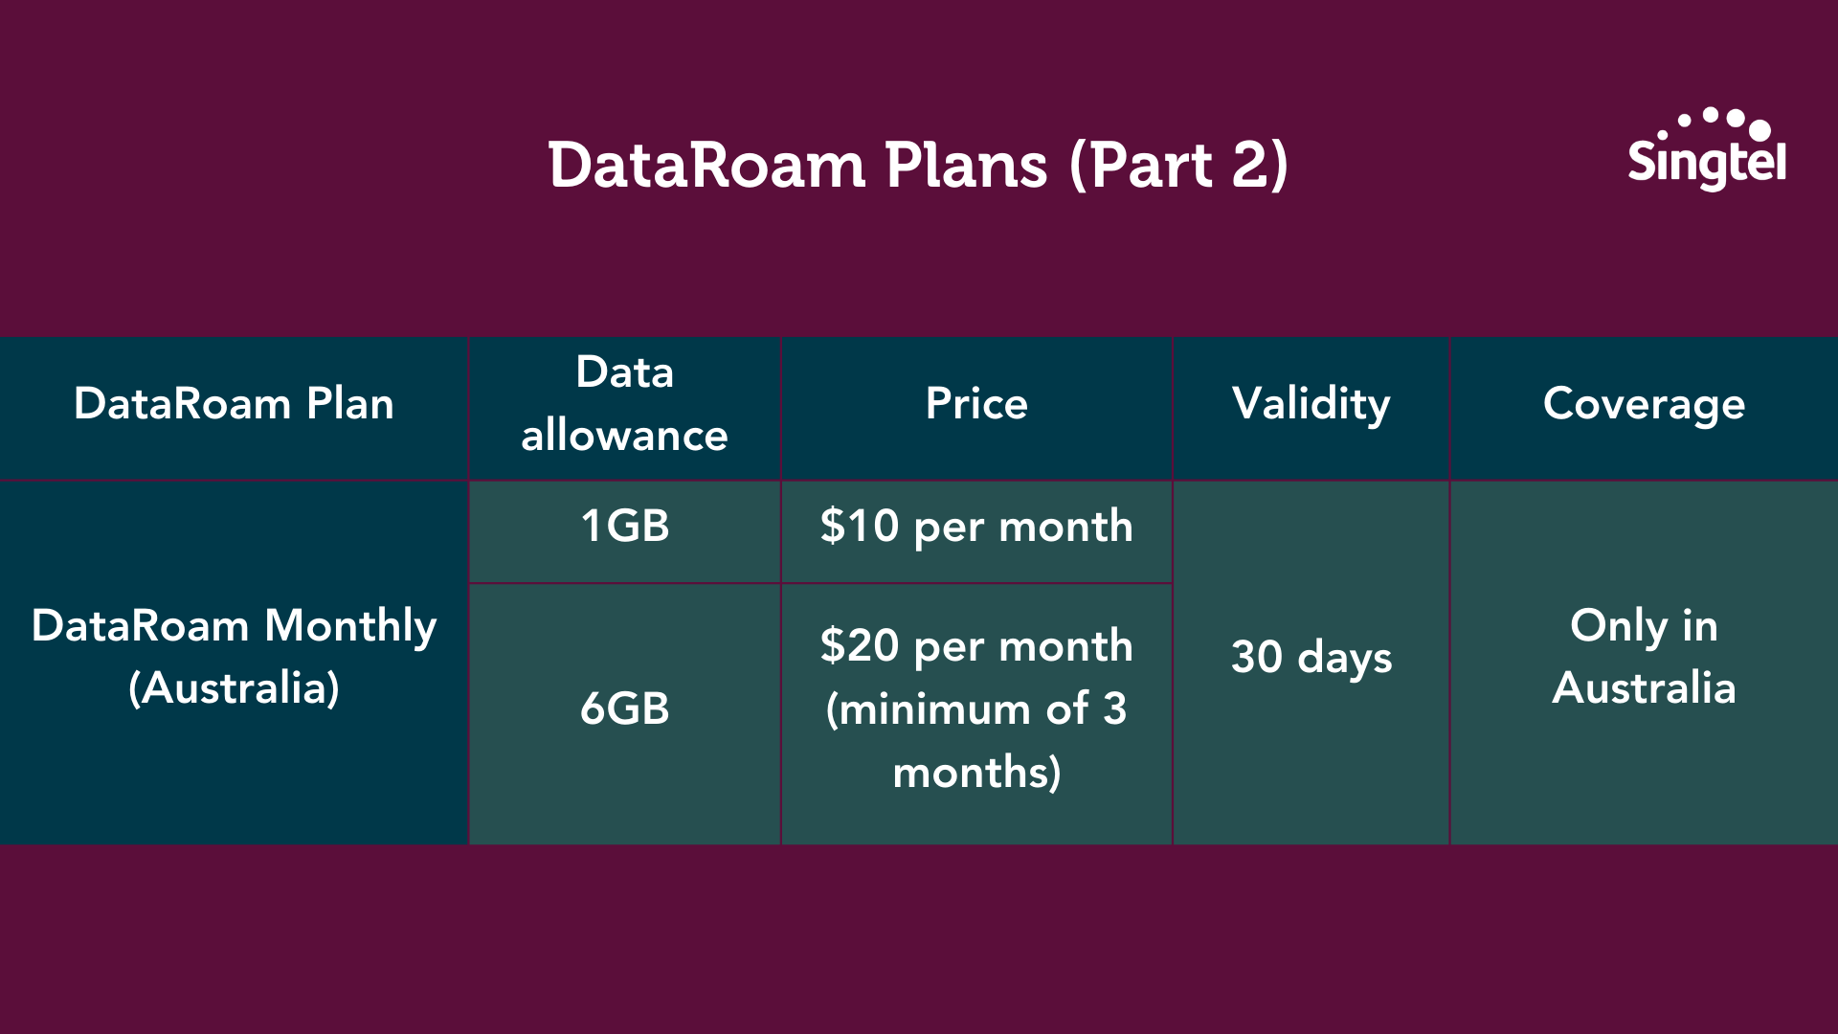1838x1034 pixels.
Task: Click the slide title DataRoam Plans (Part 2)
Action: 919,166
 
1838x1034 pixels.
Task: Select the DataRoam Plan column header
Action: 234,403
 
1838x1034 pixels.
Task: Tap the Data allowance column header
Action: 624,403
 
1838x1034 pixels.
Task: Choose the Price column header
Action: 976,403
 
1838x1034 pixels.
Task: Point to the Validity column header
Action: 1311,404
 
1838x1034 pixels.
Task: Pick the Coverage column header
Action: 1644,405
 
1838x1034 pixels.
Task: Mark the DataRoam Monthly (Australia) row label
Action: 234,657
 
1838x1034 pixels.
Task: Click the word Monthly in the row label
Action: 350,627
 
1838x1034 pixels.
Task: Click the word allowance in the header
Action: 624,435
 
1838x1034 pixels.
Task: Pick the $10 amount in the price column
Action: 859,526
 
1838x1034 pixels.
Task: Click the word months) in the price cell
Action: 976,773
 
